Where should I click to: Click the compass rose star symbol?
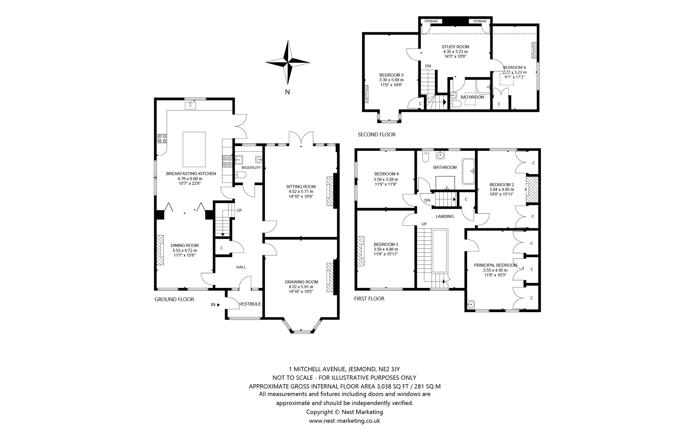288,62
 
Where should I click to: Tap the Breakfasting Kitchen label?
191,174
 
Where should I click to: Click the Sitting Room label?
301,187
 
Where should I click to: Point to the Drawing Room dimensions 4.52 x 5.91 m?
301,287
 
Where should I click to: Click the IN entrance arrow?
218,305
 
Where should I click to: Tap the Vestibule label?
250,304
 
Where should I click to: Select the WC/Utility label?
251,168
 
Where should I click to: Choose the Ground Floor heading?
174,299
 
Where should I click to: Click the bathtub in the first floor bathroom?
468,171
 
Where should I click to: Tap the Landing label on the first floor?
445,216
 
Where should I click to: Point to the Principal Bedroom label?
495,265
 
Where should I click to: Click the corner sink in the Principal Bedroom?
471,304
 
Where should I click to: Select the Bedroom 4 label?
386,174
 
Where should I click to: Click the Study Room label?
455,47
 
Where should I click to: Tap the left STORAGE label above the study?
431,21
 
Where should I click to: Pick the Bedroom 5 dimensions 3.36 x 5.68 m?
391,80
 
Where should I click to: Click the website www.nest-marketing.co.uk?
344,421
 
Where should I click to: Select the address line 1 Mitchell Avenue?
344,369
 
